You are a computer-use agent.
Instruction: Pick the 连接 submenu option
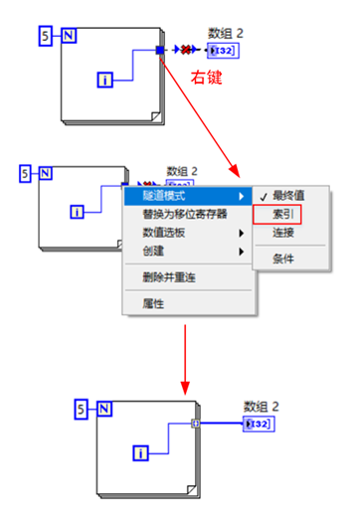click(282, 231)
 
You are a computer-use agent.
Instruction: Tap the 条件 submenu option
click(282, 259)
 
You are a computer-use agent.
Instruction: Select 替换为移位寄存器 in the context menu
click(185, 213)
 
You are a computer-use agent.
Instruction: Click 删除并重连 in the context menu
click(169, 276)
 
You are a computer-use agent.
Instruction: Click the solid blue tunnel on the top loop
click(160, 49)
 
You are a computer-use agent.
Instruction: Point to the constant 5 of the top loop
click(44, 37)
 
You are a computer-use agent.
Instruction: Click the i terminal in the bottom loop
click(141, 453)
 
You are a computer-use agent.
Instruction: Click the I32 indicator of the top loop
click(222, 50)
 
